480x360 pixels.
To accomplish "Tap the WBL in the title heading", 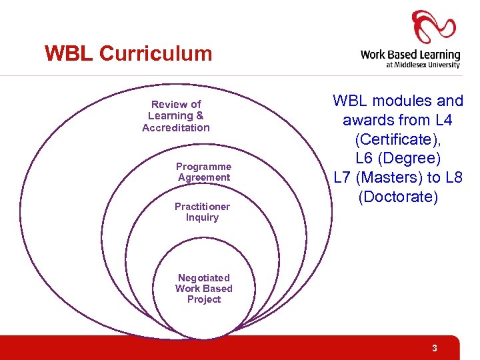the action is tap(69, 53).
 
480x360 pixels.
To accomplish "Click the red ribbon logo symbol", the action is tap(433, 27).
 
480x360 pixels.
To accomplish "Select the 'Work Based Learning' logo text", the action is tap(410, 55).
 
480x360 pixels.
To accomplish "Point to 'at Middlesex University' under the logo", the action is tap(423, 65).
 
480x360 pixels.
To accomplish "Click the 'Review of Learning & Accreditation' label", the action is tap(176, 116).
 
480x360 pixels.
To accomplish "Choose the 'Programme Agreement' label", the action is tap(203, 172).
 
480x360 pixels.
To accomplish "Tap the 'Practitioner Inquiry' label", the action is tap(202, 212).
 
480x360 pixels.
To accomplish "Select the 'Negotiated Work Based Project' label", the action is tap(203, 289).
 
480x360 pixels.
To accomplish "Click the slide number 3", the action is tap(434, 348).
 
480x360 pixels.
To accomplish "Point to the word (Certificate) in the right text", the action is tap(397, 139).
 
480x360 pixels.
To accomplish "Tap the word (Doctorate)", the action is tap(398, 197).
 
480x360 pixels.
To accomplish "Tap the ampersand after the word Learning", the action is tap(200, 115).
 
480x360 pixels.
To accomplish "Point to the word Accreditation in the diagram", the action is tap(176, 127).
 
